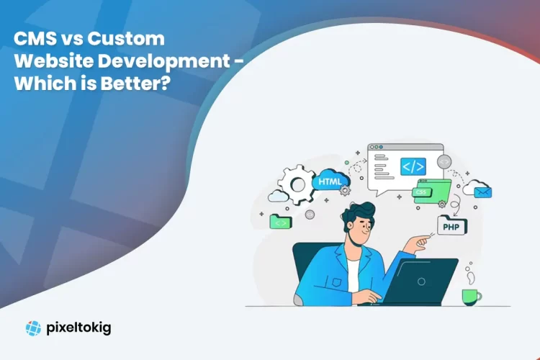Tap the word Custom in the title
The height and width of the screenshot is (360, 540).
130,40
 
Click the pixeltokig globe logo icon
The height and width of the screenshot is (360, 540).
33,328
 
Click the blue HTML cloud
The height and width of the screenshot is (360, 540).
330,182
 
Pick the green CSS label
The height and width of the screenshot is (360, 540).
420,193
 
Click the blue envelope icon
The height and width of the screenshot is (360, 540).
482,192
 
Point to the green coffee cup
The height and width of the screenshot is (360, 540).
472,296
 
